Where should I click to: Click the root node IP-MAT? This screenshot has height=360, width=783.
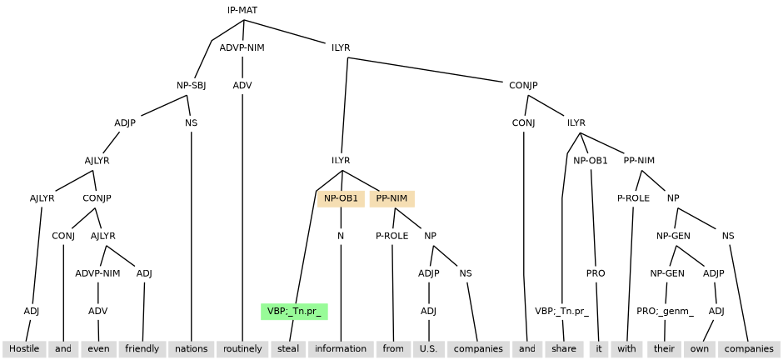(242, 10)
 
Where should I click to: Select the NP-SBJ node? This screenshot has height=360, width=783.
(191, 85)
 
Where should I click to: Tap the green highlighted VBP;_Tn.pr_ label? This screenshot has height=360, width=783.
(294, 312)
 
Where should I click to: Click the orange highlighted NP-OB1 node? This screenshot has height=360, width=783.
(341, 198)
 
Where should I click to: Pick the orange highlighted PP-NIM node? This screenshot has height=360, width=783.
(391, 198)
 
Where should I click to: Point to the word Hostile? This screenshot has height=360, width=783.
(24, 348)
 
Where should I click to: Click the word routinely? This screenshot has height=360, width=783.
(242, 348)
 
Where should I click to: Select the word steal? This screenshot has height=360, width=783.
(287, 348)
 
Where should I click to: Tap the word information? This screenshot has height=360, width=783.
(341, 348)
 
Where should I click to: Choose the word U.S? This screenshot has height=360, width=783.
(428, 348)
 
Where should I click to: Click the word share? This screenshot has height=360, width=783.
(564, 348)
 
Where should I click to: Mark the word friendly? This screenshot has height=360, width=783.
(142, 348)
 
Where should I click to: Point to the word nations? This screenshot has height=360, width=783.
(192, 348)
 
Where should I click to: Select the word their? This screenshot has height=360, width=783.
(664, 348)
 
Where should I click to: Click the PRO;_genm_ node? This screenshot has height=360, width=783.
(666, 312)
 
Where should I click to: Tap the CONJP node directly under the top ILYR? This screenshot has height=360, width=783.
(523, 85)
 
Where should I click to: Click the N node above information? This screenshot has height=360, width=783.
(341, 236)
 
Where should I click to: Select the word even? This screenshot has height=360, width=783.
(99, 348)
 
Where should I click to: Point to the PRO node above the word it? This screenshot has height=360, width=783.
(596, 273)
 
